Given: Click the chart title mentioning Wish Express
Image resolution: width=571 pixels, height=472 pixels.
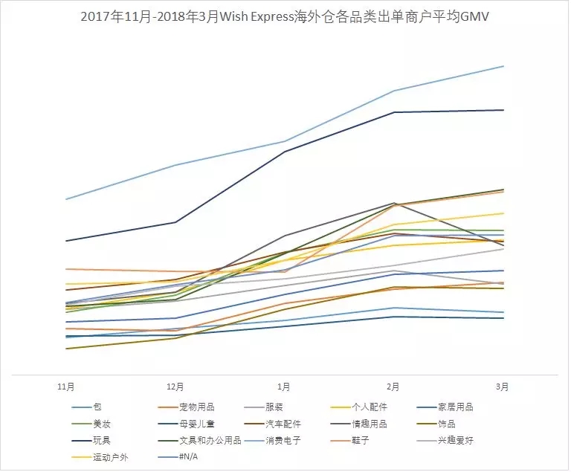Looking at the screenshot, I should pos(285,16).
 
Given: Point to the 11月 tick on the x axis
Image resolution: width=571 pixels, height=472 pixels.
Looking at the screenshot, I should pos(67,387).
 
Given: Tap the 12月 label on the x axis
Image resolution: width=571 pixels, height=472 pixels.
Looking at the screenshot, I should pos(176,387).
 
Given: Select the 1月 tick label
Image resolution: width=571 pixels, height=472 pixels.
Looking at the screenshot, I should pos(284,387).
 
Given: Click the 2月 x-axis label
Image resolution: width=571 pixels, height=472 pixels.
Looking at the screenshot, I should pos(393,387).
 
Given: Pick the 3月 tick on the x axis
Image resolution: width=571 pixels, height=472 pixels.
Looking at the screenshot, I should pos(503,387).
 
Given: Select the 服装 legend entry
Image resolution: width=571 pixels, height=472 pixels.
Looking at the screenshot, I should pos(274,407).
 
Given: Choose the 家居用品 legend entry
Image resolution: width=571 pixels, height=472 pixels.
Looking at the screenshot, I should pos(457,407).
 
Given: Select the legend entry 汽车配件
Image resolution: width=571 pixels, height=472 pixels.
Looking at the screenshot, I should pos(283,424).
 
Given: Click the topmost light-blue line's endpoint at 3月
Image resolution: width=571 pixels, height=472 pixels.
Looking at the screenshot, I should pos(503,66).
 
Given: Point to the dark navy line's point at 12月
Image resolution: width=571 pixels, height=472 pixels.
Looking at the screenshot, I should pos(176,222).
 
